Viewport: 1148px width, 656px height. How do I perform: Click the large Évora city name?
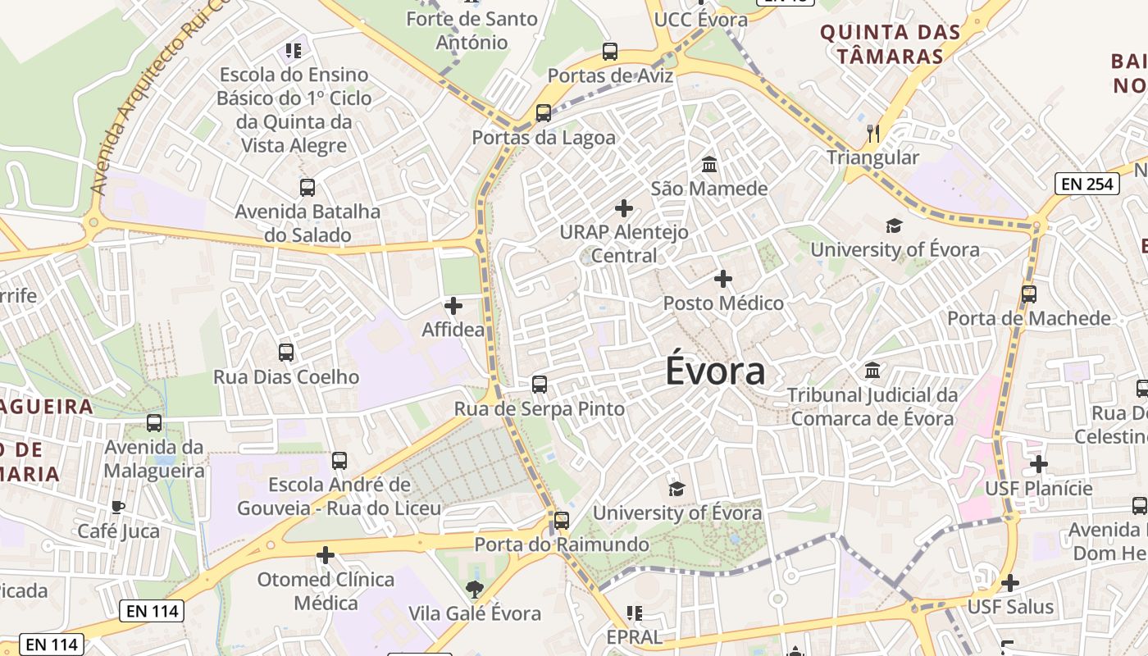coord(715,371)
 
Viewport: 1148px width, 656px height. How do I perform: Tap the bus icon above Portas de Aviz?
coord(610,52)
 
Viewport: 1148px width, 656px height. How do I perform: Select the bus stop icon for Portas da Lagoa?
coord(544,113)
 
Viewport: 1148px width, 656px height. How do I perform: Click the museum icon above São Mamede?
coord(709,164)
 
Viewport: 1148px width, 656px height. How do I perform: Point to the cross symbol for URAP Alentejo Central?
coord(624,208)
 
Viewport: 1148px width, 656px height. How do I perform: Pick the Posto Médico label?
coord(723,303)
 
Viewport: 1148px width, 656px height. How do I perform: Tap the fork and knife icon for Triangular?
coord(873,133)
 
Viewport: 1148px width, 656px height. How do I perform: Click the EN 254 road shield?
coord(1087,184)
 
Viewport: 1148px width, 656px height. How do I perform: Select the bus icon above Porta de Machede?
coord(1029,294)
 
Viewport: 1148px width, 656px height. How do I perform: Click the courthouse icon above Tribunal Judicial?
coord(872,371)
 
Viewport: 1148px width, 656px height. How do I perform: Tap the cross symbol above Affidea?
coord(453,306)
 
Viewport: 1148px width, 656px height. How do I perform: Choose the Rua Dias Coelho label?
coord(286,377)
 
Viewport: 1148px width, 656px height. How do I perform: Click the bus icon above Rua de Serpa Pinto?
coord(540,384)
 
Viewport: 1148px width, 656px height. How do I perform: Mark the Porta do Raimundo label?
coord(562,544)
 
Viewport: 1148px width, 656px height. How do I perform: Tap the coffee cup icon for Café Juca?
coord(118,507)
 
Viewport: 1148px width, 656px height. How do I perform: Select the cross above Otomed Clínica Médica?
coord(326,555)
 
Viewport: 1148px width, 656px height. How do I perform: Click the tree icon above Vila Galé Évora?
coord(474,588)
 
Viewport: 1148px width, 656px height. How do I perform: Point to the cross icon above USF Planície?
coord(1039,464)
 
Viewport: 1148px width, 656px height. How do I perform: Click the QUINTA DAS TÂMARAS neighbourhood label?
coord(890,44)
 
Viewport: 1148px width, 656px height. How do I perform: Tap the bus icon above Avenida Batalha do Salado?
coord(307,188)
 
